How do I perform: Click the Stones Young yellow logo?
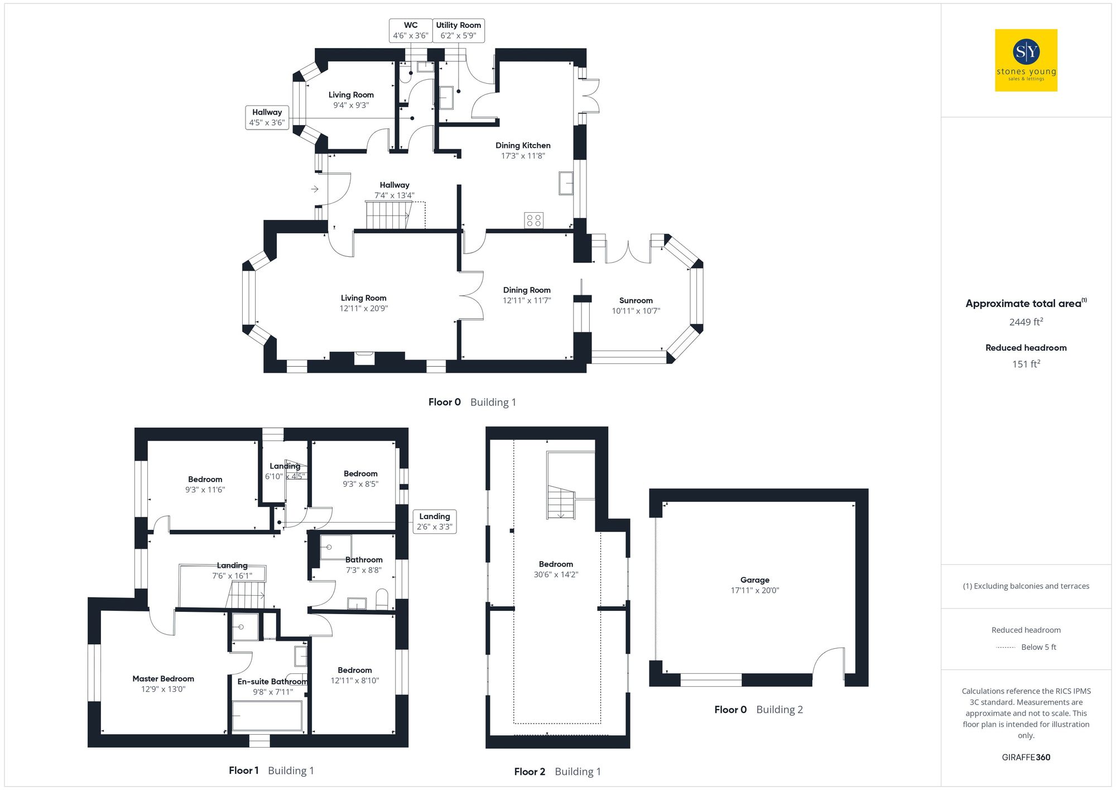[1026, 60]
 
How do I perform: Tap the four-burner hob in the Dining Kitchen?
[533, 220]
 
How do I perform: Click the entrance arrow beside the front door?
[315, 189]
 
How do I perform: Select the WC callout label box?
[411, 30]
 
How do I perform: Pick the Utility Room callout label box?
[458, 30]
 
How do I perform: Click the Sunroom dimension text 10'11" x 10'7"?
[636, 311]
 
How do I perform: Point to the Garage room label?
[754, 580]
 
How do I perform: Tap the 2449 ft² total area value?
[1026, 322]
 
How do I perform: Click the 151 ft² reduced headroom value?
[1026, 364]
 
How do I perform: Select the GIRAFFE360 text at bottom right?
[1026, 758]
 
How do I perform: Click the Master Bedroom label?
[163, 679]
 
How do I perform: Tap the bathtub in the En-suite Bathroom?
[267, 716]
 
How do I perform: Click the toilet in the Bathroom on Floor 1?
[382, 599]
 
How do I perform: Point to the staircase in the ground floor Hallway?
[388, 216]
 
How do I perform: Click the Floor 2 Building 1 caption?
[557, 772]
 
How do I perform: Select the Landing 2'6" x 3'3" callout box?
[434, 521]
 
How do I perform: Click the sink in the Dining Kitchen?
[566, 183]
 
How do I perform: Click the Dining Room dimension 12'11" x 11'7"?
[526, 300]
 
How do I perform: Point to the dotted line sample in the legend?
[1006, 648]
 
